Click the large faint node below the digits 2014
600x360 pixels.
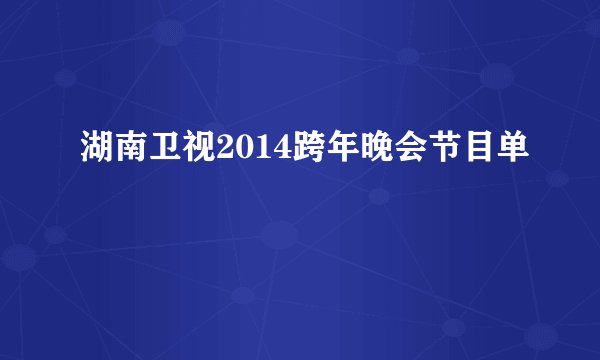click(x=279, y=236)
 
